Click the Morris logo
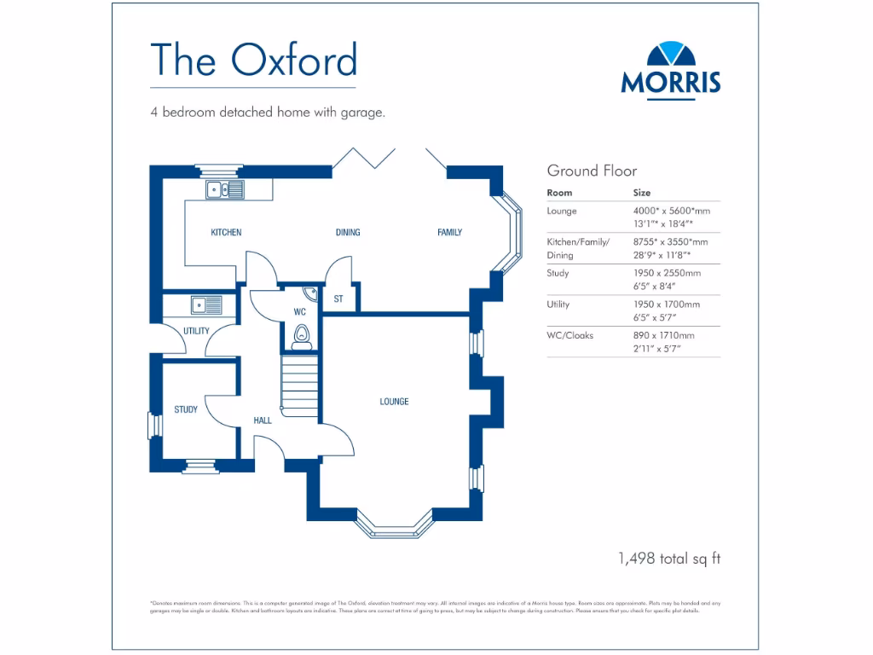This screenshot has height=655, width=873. [670, 70]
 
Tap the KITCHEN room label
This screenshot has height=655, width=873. [226, 233]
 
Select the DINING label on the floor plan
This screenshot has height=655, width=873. [348, 233]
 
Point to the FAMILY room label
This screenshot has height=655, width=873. [449, 233]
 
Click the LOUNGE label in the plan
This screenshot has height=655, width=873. [394, 402]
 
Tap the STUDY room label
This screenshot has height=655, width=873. [186, 410]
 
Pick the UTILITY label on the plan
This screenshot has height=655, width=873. [196, 331]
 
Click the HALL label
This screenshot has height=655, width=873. [263, 420]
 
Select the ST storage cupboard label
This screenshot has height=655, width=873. [338, 299]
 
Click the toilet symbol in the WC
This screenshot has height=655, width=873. [300, 339]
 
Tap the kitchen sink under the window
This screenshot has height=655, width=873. [224, 189]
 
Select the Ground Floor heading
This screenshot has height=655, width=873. [592, 171]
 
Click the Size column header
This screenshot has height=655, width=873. [641, 194]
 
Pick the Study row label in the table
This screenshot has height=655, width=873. [558, 274]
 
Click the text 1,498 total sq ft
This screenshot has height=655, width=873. [669, 559]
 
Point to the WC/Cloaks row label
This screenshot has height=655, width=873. [570, 336]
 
